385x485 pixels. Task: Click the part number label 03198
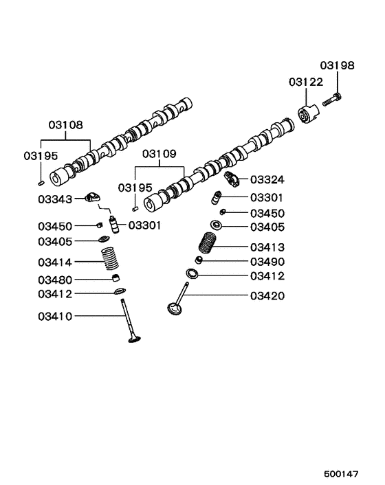coord(337,66)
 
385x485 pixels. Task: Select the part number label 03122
coord(305,82)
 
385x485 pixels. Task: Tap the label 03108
coord(65,125)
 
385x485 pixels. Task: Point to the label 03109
coord(159,153)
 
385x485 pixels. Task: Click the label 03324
coord(267,180)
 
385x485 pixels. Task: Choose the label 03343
coord(56,199)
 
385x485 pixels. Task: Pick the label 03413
coord(267,247)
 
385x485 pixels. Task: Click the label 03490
coord(267,262)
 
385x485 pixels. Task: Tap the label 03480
coord(56,280)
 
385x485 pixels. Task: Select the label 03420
coord(267,296)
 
